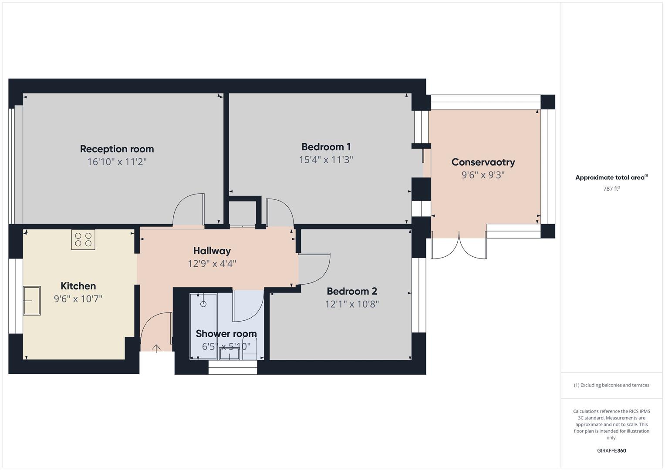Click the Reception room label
117,149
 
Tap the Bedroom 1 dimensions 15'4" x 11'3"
326,160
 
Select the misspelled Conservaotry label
483,162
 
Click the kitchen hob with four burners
83,239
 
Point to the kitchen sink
32,300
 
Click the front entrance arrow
156,348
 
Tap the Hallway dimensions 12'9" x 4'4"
212,264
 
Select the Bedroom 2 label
352,291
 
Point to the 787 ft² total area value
611,188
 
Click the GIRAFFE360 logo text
611,450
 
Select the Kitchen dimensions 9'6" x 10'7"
78,299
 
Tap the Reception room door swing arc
188,209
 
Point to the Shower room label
226,334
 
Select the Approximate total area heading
611,178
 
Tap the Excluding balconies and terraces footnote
611,385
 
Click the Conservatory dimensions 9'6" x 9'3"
483,175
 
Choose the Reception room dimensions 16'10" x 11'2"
117,162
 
